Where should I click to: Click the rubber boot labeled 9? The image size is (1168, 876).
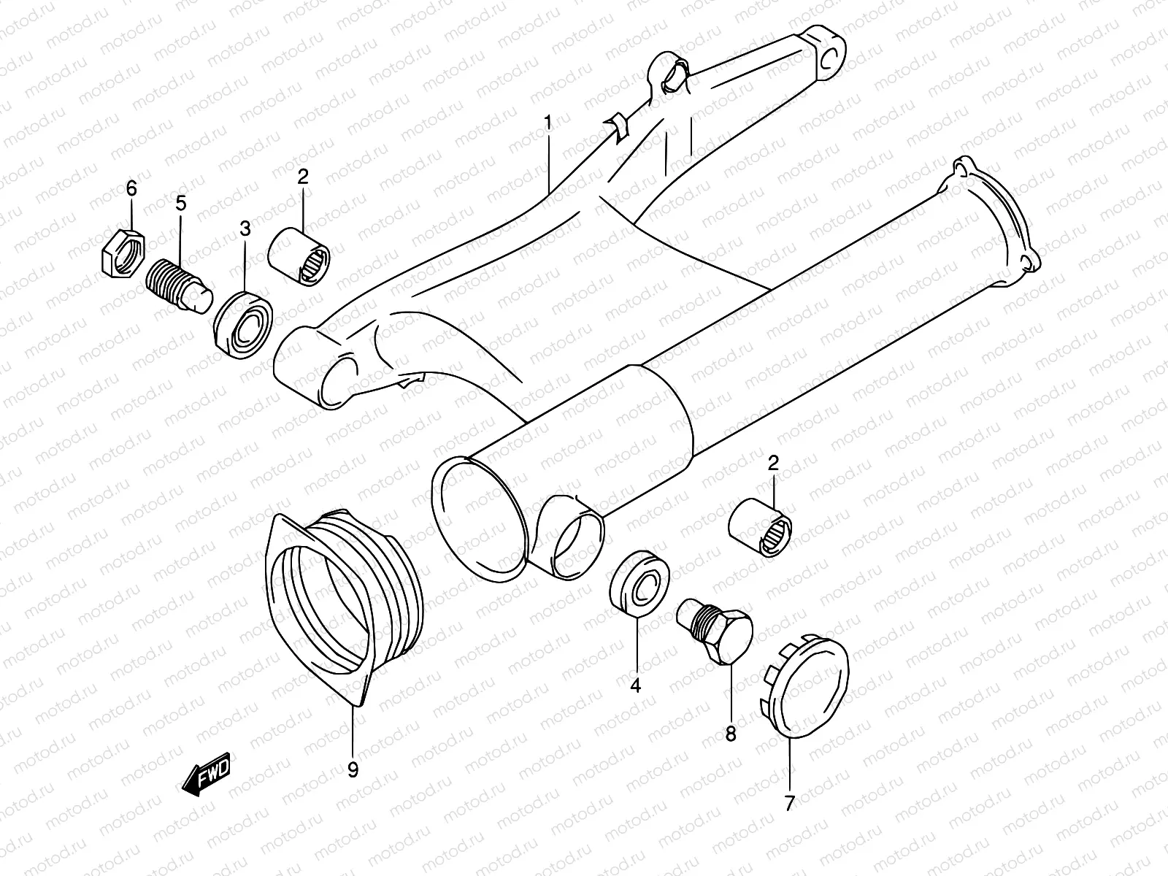click(x=340, y=602)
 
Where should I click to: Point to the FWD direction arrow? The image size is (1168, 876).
click(x=207, y=775)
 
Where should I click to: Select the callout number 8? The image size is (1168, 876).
click(x=731, y=734)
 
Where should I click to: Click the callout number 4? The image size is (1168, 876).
click(x=635, y=685)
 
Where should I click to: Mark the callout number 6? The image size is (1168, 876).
click(x=131, y=189)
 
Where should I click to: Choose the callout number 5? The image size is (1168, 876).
click(x=180, y=204)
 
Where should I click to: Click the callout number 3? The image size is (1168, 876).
click(x=245, y=229)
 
